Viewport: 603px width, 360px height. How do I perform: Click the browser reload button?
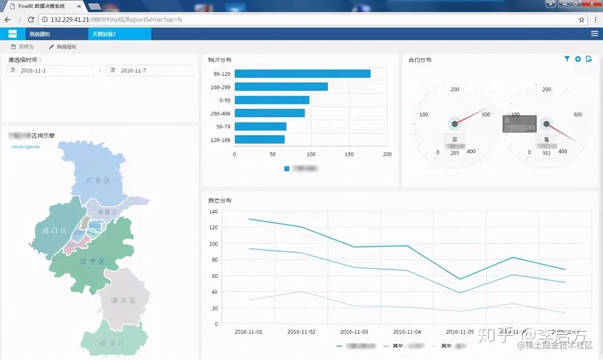(x=31, y=20)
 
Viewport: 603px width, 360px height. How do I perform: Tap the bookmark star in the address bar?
(x=582, y=20)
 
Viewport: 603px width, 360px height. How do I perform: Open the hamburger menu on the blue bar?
(x=595, y=34)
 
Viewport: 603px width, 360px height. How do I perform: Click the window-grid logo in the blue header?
(x=13, y=34)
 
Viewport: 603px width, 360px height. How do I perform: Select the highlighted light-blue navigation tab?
(x=119, y=34)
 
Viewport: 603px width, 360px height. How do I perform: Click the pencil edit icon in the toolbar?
(x=51, y=47)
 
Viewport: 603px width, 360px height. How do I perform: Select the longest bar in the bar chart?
(x=302, y=74)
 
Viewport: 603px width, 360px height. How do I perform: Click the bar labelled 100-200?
(x=281, y=87)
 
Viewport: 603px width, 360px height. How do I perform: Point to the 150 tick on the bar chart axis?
(x=349, y=154)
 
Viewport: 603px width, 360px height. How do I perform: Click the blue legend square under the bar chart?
(x=287, y=168)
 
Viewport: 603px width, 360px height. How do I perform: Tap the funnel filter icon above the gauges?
(x=567, y=59)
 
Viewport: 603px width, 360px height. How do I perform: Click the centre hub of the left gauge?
(x=455, y=123)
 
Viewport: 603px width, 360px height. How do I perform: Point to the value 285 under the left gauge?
(x=455, y=153)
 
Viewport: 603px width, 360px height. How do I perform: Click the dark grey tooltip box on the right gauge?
(x=519, y=123)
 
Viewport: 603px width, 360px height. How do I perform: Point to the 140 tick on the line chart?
(x=213, y=212)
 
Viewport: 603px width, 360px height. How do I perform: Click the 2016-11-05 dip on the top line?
(x=460, y=279)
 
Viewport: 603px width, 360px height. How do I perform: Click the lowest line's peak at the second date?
(x=301, y=291)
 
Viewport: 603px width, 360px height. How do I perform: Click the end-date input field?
(x=150, y=70)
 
